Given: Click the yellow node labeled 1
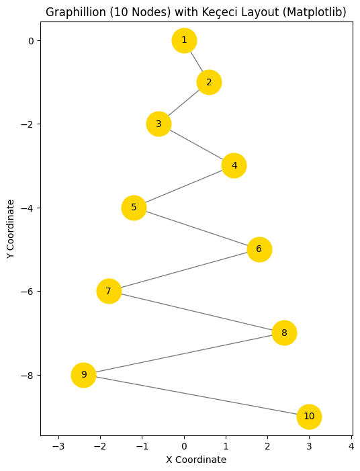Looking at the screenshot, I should click(x=184, y=40).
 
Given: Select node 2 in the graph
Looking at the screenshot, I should click(x=209, y=82).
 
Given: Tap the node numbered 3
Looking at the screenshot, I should click(x=159, y=124).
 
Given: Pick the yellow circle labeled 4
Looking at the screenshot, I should click(x=234, y=165).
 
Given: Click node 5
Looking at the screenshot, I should click(x=134, y=208).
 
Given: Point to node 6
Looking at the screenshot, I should click(x=259, y=249).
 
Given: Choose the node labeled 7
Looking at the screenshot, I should click(x=109, y=291).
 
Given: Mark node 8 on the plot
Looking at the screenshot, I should click(x=284, y=333).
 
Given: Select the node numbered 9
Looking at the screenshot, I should click(x=83, y=374).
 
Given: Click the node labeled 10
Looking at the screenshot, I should click(x=309, y=417).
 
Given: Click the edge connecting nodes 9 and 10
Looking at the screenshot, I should click(x=196, y=396).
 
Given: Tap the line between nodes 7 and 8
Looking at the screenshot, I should click(x=196, y=312).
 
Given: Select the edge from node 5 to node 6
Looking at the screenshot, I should click(x=196, y=228).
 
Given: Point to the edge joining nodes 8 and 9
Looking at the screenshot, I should click(x=183, y=353).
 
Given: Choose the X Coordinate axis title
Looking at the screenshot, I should click(x=196, y=460).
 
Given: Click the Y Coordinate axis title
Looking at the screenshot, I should click(x=10, y=228).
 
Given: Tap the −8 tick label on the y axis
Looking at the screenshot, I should click(x=27, y=375).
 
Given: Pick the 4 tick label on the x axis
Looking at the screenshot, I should click(x=351, y=446).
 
